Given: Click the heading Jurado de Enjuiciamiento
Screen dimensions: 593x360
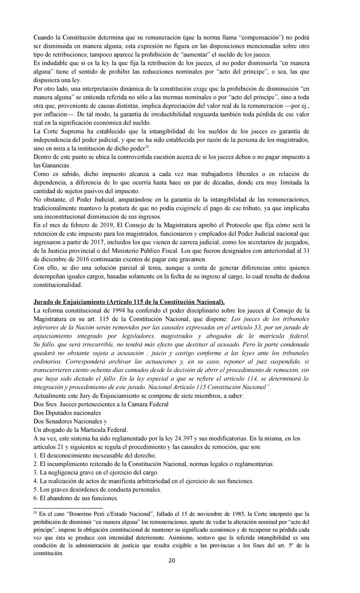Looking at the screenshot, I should click(x=129, y=302).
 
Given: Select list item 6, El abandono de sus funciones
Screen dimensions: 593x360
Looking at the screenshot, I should click(x=76, y=499).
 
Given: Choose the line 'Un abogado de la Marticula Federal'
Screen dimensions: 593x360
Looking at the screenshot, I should click(x=81, y=430).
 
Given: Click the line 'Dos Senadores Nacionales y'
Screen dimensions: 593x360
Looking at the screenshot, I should click(x=70, y=421).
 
